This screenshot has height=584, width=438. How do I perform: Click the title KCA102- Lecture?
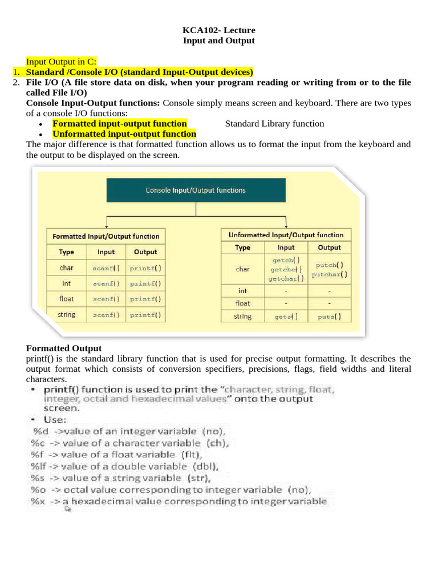(x=218, y=30)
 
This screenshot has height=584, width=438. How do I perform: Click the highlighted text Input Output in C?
(x=62, y=62)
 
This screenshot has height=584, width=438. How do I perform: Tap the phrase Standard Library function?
(x=274, y=124)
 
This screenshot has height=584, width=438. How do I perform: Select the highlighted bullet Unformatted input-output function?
(x=124, y=134)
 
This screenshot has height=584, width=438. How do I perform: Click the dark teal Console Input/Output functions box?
(x=196, y=190)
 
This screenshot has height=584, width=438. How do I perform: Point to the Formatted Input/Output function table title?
(x=106, y=236)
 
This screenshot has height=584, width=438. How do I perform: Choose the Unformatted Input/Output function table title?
(x=286, y=235)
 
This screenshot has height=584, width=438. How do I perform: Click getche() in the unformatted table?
(x=286, y=269)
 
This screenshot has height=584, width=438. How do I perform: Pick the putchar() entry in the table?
(x=329, y=274)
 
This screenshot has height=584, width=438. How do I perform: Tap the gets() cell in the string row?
(x=286, y=317)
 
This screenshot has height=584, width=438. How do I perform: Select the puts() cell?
(x=329, y=317)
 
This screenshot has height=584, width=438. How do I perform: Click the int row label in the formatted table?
(x=66, y=283)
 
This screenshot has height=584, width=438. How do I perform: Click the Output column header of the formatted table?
(x=145, y=252)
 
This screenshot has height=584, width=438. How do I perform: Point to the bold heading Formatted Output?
(x=64, y=348)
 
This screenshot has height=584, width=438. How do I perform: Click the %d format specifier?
(x=40, y=431)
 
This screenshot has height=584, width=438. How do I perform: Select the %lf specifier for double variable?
(x=38, y=467)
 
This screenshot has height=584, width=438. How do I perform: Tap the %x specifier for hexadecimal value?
(x=38, y=502)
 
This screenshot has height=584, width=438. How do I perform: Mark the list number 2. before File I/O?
(x=16, y=83)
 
